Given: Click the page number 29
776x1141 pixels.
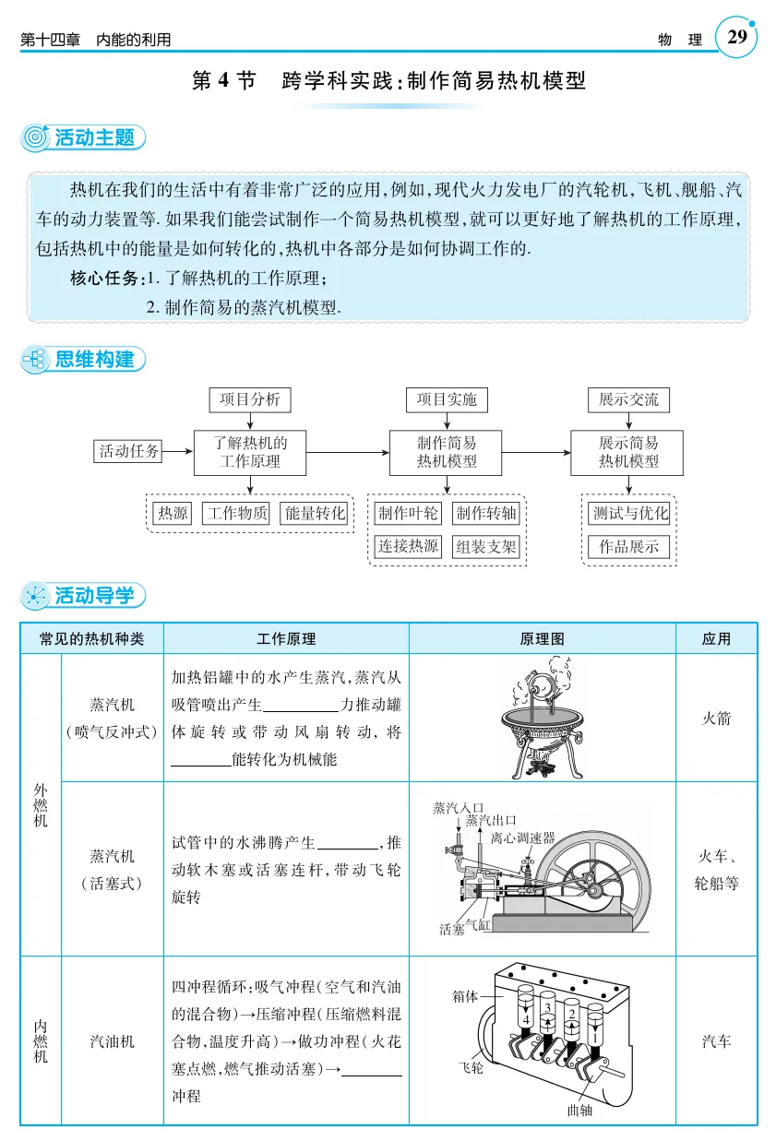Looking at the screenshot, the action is click(737, 38).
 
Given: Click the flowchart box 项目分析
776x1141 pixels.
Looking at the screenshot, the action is click(249, 399).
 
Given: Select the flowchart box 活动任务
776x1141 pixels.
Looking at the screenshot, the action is click(129, 451).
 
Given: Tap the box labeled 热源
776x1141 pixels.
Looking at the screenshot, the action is click(173, 514).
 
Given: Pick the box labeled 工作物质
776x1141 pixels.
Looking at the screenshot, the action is click(236, 514).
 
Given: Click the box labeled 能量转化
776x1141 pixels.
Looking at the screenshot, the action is click(315, 514).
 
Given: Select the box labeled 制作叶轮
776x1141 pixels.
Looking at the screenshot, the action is click(407, 514).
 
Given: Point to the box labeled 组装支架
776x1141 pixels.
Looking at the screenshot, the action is click(486, 546).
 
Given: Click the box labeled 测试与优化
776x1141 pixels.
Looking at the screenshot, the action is click(628, 514).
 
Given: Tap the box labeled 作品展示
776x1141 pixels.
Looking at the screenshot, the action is click(628, 546).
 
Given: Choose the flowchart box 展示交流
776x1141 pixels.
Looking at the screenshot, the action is click(628, 399).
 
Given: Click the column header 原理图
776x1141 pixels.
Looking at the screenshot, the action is click(543, 638).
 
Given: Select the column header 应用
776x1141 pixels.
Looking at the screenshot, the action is click(716, 638).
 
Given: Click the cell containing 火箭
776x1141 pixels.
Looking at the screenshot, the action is click(716, 719).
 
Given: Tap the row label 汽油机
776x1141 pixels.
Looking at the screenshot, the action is click(112, 1041).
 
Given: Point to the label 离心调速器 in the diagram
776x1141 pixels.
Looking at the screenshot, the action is click(522, 838).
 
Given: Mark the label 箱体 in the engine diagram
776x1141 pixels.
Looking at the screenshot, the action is click(465, 996).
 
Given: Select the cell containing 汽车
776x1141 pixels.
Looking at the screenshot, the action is click(716, 1041).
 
